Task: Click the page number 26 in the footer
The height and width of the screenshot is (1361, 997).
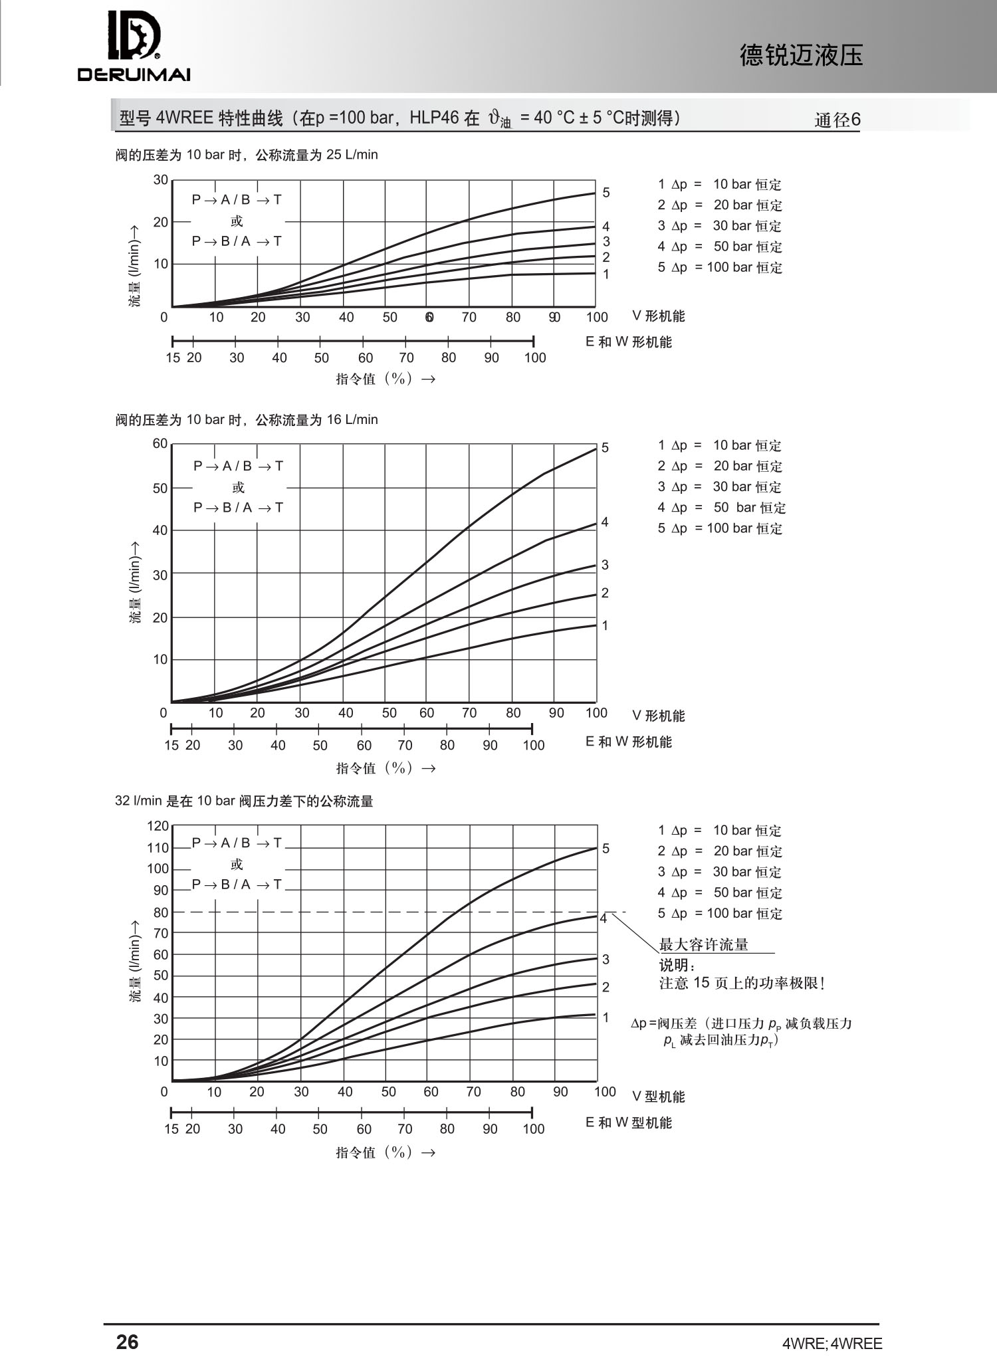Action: pyautogui.click(x=127, y=1342)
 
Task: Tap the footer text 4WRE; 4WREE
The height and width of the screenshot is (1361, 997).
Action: pyautogui.click(x=832, y=1343)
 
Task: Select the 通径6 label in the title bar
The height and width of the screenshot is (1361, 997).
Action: pyautogui.click(x=837, y=120)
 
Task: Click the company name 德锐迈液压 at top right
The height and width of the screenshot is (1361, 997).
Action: pyautogui.click(x=801, y=56)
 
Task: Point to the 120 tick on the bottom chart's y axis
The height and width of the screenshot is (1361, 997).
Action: pyautogui.click(x=158, y=826)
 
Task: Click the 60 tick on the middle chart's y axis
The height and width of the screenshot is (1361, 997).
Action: pyautogui.click(x=160, y=443)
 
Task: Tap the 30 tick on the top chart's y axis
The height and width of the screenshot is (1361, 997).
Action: pyautogui.click(x=161, y=179)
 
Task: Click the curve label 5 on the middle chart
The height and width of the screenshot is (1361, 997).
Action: pyautogui.click(x=605, y=448)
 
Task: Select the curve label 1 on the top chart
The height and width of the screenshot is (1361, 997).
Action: pyautogui.click(x=606, y=274)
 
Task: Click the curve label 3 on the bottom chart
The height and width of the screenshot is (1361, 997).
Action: pyautogui.click(x=606, y=959)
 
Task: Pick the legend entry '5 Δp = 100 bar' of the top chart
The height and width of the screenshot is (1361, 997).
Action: pyautogui.click(x=720, y=267)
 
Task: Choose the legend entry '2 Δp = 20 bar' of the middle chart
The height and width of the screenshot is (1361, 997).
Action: pyautogui.click(x=720, y=466)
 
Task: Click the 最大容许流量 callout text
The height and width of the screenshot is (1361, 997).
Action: pyautogui.click(x=703, y=944)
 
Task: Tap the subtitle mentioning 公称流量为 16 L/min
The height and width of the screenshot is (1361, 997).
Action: pyautogui.click(x=247, y=420)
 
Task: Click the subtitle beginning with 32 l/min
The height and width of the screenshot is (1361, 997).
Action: pyautogui.click(x=244, y=801)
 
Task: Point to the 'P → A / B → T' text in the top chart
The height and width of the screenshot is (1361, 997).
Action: pyautogui.click(x=237, y=199)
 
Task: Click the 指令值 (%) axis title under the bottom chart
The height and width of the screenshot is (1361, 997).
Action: pyautogui.click(x=386, y=1152)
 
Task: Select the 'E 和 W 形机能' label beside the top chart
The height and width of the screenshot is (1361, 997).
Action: pyautogui.click(x=628, y=342)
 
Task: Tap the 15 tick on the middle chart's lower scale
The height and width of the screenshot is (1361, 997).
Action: pyautogui.click(x=171, y=745)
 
